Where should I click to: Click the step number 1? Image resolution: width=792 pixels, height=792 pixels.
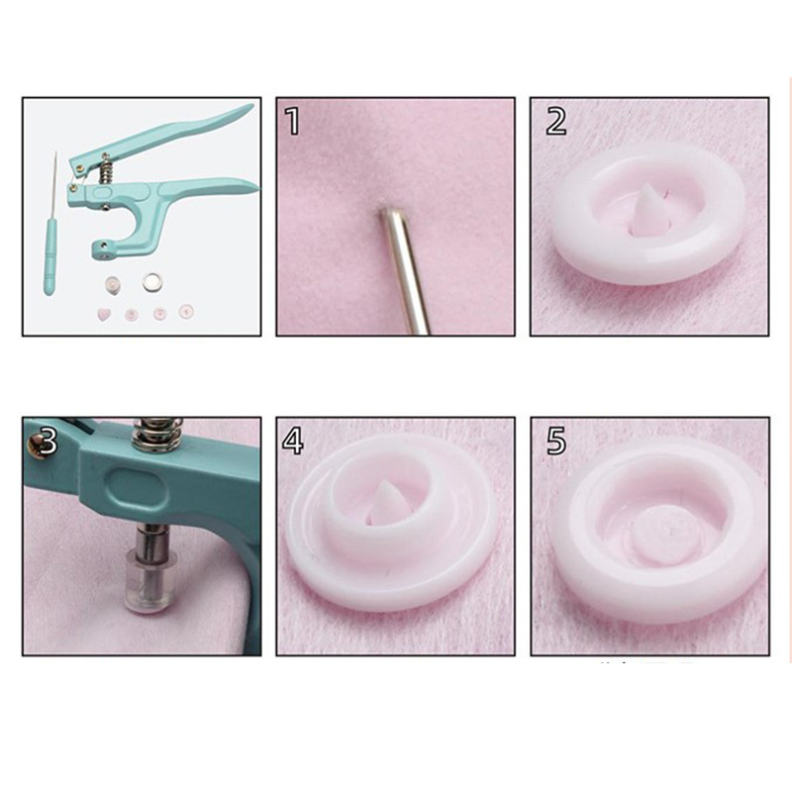292,121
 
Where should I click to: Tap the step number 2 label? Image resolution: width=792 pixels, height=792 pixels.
556,121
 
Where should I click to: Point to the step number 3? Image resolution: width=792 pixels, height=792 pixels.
47,441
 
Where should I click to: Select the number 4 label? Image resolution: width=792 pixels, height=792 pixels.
293,441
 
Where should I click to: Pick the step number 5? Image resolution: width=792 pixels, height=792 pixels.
556,441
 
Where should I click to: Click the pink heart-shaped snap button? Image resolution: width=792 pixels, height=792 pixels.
105,315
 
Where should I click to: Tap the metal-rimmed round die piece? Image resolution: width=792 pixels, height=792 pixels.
151,282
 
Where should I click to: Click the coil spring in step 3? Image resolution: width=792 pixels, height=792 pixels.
156,433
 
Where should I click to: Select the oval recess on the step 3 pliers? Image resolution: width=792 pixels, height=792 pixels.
136,483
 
